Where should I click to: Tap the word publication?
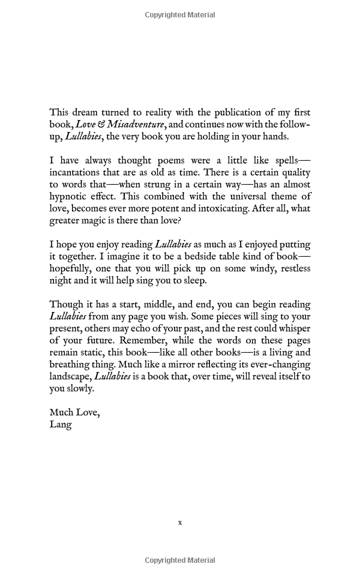pyautogui.click(x=227, y=112)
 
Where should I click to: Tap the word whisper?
pyautogui.click(x=290, y=328)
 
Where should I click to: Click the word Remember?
pyautogui.click(x=160, y=340)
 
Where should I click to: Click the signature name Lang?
pyautogui.click(x=61, y=424)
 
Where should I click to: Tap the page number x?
pyautogui.click(x=180, y=523)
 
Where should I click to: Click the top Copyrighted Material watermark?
pyautogui.click(x=180, y=15)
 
